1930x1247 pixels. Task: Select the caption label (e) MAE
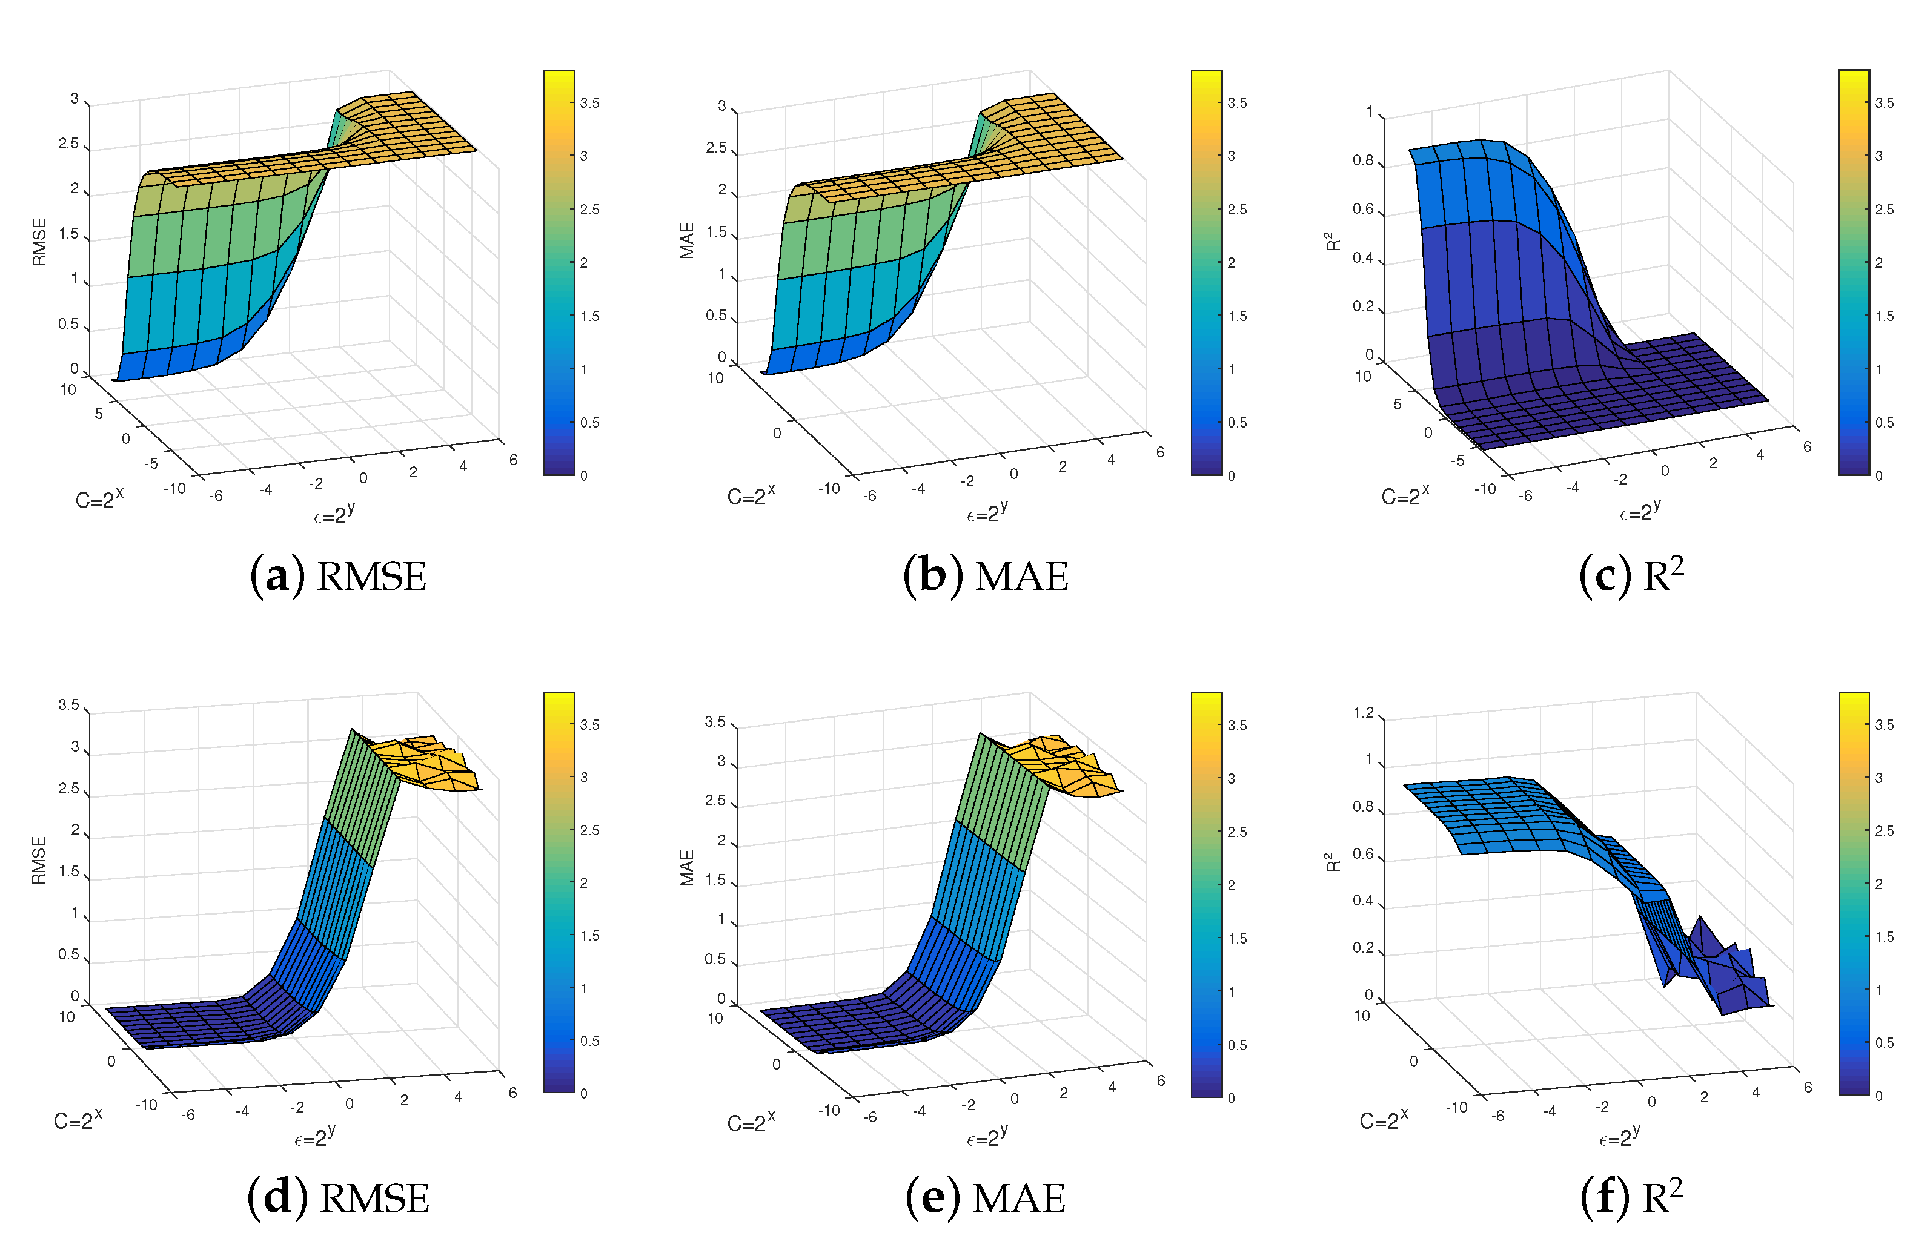point(985,1199)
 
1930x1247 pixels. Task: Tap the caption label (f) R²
point(1631,1196)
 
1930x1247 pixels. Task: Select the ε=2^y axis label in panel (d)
point(314,1137)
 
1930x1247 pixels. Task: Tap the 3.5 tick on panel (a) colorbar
point(589,103)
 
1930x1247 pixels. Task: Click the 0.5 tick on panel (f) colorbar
point(1884,1043)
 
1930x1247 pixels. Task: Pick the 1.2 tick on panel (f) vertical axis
point(1363,713)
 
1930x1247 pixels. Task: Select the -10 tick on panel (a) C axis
point(174,488)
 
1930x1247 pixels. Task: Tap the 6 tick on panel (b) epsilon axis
point(1160,452)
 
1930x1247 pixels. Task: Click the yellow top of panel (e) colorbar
point(1206,701)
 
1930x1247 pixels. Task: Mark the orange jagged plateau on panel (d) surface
point(425,761)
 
